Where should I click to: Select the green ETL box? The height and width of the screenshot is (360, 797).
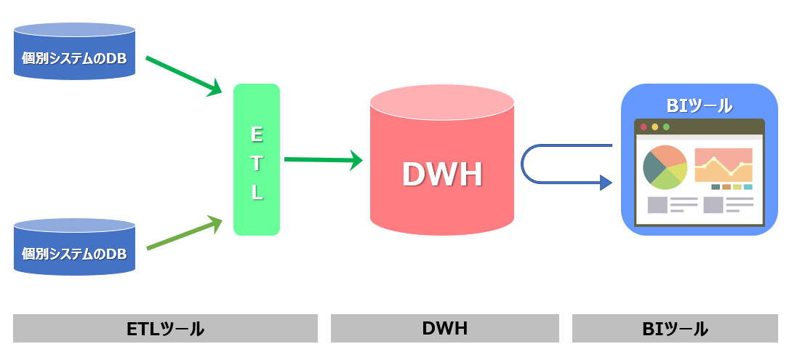257,160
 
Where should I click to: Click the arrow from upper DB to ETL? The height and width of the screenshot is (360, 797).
183,75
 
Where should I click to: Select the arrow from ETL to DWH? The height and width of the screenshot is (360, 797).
322,159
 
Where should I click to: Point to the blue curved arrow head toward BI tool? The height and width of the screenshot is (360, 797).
606,183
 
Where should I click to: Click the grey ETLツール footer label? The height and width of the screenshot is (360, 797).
165,329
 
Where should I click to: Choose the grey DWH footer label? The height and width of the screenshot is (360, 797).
444,329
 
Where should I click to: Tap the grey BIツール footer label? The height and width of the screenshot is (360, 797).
675,329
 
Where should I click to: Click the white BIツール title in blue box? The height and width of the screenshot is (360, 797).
699,105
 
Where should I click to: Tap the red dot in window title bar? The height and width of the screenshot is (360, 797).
644,127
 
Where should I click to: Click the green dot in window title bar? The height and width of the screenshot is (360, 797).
666,127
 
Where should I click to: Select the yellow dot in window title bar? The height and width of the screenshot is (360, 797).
654,127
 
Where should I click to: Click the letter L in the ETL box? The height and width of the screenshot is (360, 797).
257,193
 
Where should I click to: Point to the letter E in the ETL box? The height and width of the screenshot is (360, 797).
256,134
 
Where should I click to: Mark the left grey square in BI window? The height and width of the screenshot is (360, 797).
657,205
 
